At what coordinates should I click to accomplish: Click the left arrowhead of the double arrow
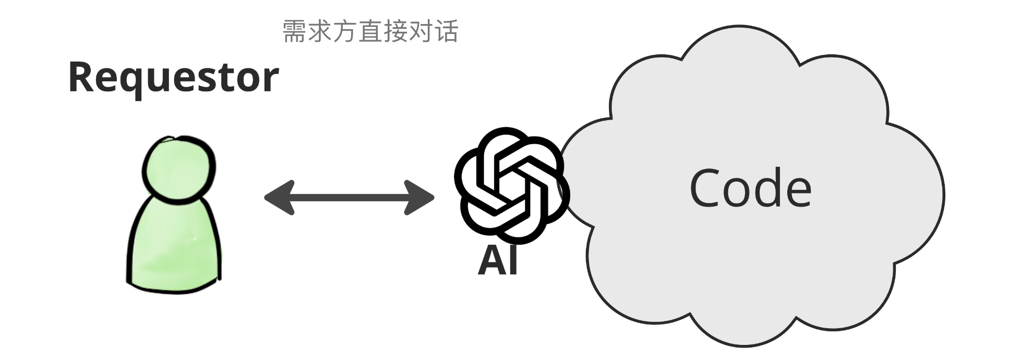279,198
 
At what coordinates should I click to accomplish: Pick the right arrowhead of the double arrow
419,198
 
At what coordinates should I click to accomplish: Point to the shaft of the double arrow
349,198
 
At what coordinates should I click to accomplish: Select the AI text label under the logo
498,260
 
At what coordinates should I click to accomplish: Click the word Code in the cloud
750,188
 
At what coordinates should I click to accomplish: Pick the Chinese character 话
447,31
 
